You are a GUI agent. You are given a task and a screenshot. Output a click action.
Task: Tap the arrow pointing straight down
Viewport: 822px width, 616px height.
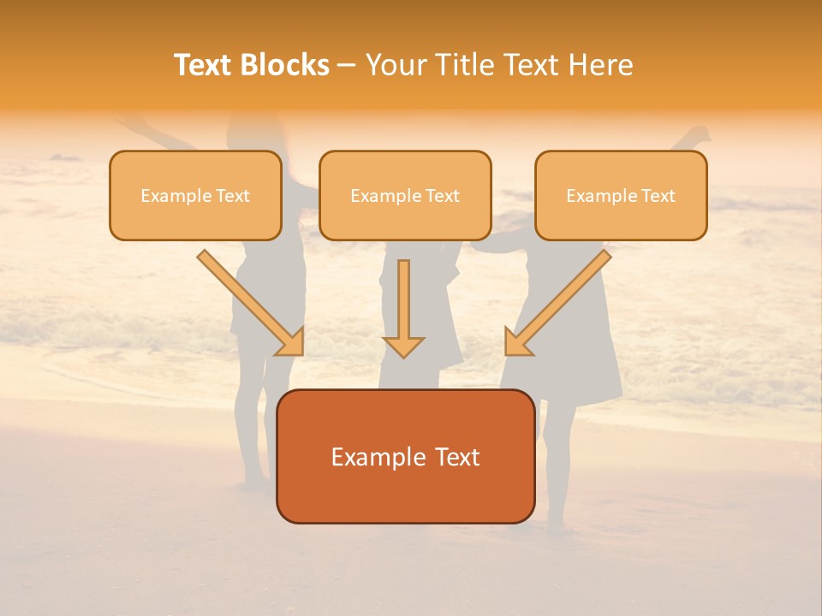[x=403, y=308]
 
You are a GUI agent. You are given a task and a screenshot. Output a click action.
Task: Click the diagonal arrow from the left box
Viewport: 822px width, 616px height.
[x=251, y=302]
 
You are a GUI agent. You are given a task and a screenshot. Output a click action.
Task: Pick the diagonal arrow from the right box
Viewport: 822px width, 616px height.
[x=557, y=302]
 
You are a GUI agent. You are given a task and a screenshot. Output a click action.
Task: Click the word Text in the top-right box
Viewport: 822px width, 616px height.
[x=658, y=196]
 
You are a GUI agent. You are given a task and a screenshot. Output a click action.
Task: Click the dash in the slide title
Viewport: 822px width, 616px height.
[x=347, y=66]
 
